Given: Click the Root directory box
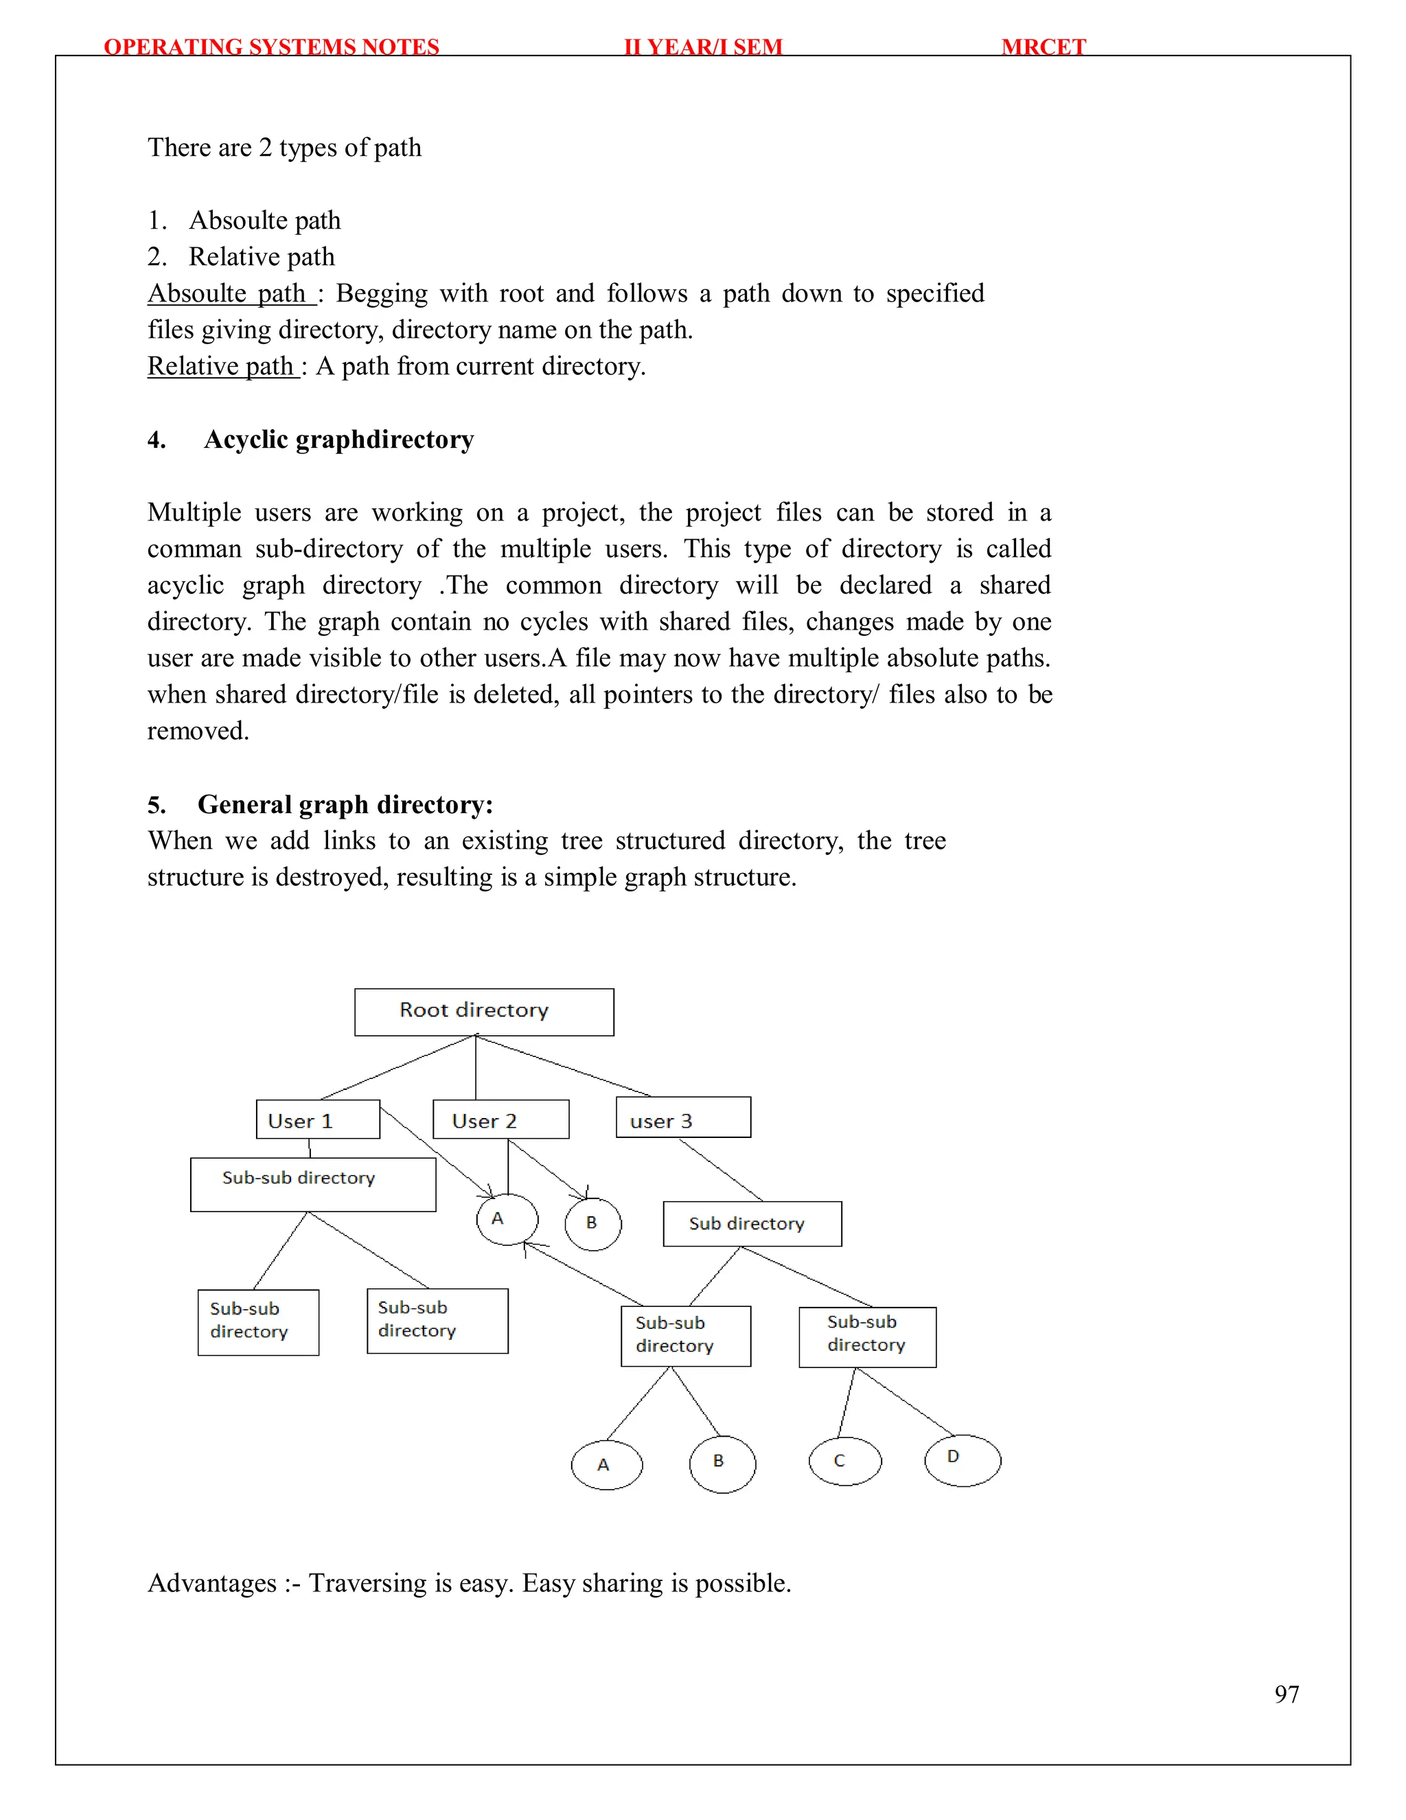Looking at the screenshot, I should pyautogui.click(x=484, y=1012).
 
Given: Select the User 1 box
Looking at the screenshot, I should pyautogui.click(x=317, y=1119).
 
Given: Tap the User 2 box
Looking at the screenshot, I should pyautogui.click(x=500, y=1119).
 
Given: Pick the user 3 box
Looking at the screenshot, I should pyautogui.click(x=683, y=1117).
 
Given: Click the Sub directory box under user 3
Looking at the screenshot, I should pyautogui.click(x=752, y=1223).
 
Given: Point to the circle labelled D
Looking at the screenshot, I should pyautogui.click(x=962, y=1460).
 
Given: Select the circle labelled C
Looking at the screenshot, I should pyautogui.click(x=844, y=1461).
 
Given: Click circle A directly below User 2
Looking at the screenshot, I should pyautogui.click(x=507, y=1219).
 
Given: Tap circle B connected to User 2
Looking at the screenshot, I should pyautogui.click(x=593, y=1223).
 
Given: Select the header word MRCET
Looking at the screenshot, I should pyautogui.click(x=1043, y=47).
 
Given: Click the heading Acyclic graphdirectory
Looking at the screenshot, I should pyautogui.click(x=338, y=439).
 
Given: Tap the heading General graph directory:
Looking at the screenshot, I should pyautogui.click(x=345, y=804).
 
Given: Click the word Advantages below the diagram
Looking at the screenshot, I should pyautogui.click(x=211, y=1582).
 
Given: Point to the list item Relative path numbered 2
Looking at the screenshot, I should pyautogui.click(x=261, y=257).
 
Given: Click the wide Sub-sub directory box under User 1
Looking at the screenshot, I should pyautogui.click(x=312, y=1183).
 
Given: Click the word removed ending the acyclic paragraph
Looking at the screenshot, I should pyautogui.click(x=198, y=731).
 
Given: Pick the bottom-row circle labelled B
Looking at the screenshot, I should pyautogui.click(x=722, y=1464).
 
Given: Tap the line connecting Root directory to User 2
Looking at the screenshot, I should pyautogui.click(x=476, y=1069).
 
